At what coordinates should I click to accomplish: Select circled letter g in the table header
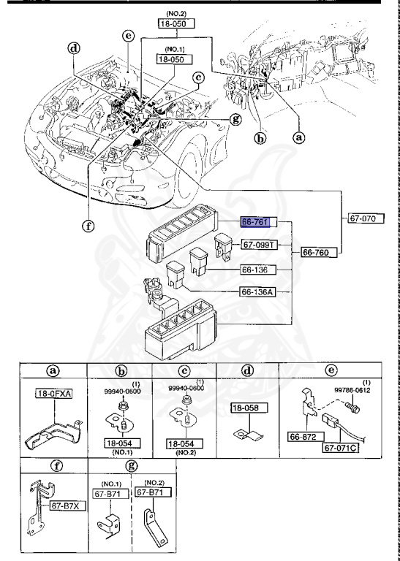pyautogui.click(x=132, y=465)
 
